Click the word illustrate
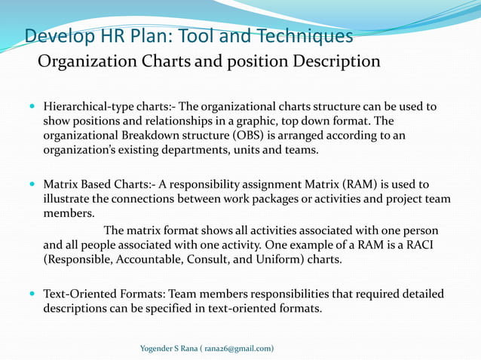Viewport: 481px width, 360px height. coord(70,199)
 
